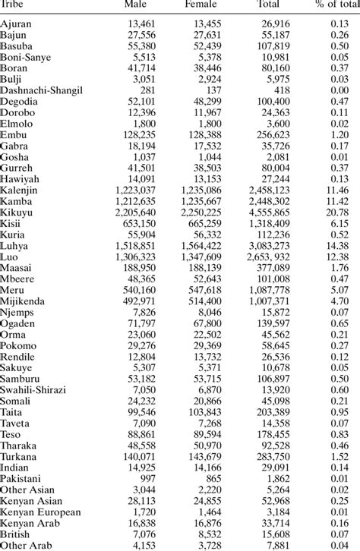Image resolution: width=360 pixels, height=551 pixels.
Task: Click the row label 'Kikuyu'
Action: tap(16, 213)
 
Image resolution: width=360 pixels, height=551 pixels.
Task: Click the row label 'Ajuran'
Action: tap(17, 23)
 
